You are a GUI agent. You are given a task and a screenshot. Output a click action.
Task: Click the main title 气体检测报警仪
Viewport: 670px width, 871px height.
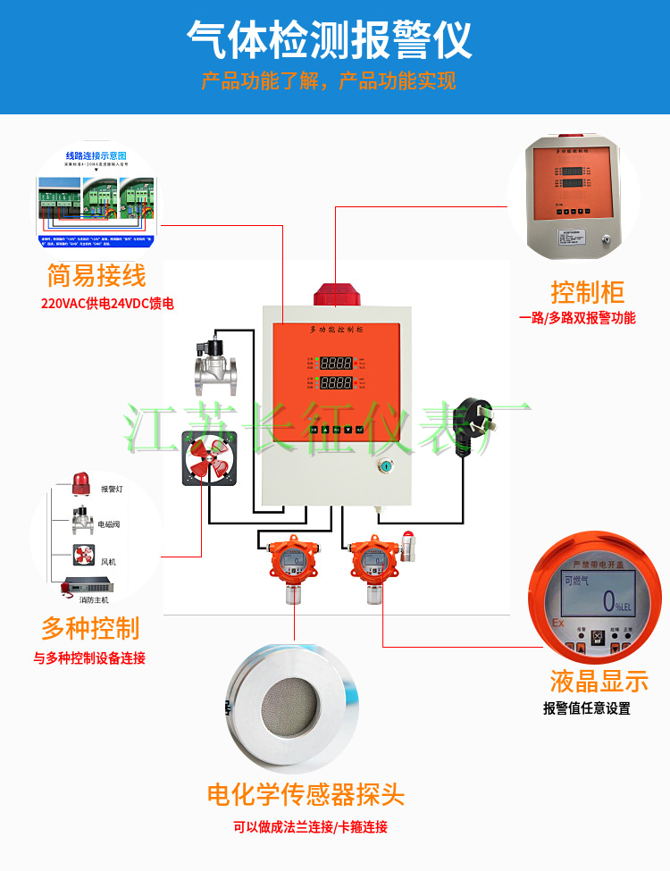[x=329, y=39]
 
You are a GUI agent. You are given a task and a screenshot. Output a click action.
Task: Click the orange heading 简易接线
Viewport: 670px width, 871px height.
[x=96, y=275]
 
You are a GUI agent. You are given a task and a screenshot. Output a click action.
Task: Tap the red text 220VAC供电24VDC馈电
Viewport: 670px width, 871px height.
[x=107, y=304]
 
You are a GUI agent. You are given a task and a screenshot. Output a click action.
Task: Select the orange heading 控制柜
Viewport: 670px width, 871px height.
[x=587, y=291]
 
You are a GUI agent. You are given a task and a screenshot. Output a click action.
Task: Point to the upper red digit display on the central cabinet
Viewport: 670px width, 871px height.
[x=335, y=364]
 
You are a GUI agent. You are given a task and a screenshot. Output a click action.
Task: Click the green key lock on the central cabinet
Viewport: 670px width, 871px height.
[x=386, y=465]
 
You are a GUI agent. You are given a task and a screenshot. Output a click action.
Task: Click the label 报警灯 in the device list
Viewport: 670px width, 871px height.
[x=113, y=489]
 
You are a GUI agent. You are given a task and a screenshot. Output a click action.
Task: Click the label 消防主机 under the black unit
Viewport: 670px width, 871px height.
[x=93, y=599]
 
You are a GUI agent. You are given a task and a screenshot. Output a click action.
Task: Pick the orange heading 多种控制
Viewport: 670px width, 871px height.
[x=90, y=628]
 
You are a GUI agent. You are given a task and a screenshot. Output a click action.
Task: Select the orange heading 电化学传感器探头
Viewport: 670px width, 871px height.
[x=306, y=793]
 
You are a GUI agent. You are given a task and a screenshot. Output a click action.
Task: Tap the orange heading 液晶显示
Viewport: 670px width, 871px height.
[x=599, y=682]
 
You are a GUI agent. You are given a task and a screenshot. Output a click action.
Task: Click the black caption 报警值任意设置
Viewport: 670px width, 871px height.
[x=586, y=708]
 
